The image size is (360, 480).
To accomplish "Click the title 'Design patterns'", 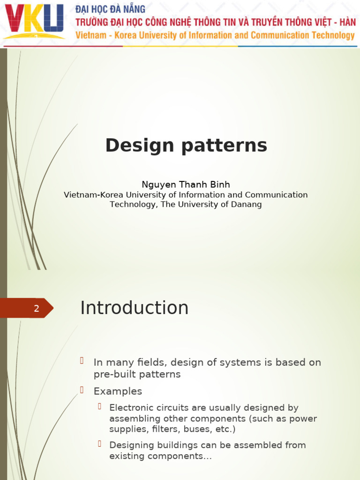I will point(186,145).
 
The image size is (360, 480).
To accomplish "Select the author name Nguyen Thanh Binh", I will point(186,185).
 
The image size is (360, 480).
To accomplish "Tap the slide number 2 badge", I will point(36,308).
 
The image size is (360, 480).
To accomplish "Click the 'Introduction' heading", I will point(134,308).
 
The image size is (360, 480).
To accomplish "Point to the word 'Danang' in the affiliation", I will point(247,204).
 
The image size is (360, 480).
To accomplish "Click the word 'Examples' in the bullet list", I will point(118,391).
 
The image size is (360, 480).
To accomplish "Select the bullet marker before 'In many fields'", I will point(82,360).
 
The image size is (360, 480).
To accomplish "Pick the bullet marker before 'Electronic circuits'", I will point(100,406).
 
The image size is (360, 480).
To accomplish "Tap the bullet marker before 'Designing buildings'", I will point(100,443).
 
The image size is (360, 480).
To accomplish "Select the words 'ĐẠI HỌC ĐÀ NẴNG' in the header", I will point(111,9).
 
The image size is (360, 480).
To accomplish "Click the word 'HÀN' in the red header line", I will point(346,22).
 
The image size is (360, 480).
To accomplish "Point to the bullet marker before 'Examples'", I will point(82,390).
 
